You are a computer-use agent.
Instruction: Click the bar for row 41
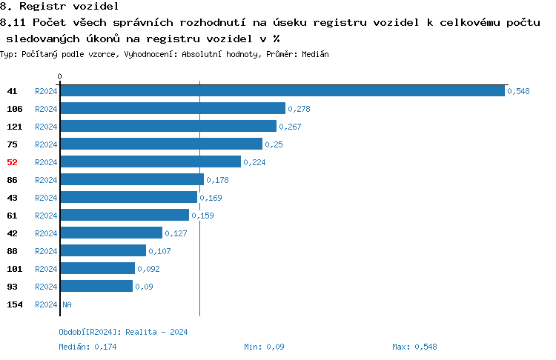282,90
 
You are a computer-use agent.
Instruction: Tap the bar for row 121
168,126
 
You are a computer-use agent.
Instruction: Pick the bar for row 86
132,179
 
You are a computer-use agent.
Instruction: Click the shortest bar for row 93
96,286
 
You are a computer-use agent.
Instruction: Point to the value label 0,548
519,91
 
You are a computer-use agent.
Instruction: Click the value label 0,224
254,162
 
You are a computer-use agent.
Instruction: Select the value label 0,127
176,233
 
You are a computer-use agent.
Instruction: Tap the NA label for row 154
67,304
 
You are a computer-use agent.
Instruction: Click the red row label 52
12,161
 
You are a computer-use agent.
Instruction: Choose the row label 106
14,108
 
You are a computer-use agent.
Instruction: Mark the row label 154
14,304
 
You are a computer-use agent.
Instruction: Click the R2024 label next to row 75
46,144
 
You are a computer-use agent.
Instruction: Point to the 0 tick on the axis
60,76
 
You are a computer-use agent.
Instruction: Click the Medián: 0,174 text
87,347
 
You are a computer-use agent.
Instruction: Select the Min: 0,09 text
264,347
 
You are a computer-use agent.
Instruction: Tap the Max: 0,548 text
414,347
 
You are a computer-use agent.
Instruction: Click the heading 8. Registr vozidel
49,6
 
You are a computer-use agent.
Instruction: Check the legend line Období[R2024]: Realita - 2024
123,332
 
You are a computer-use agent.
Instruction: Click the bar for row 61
125,215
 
